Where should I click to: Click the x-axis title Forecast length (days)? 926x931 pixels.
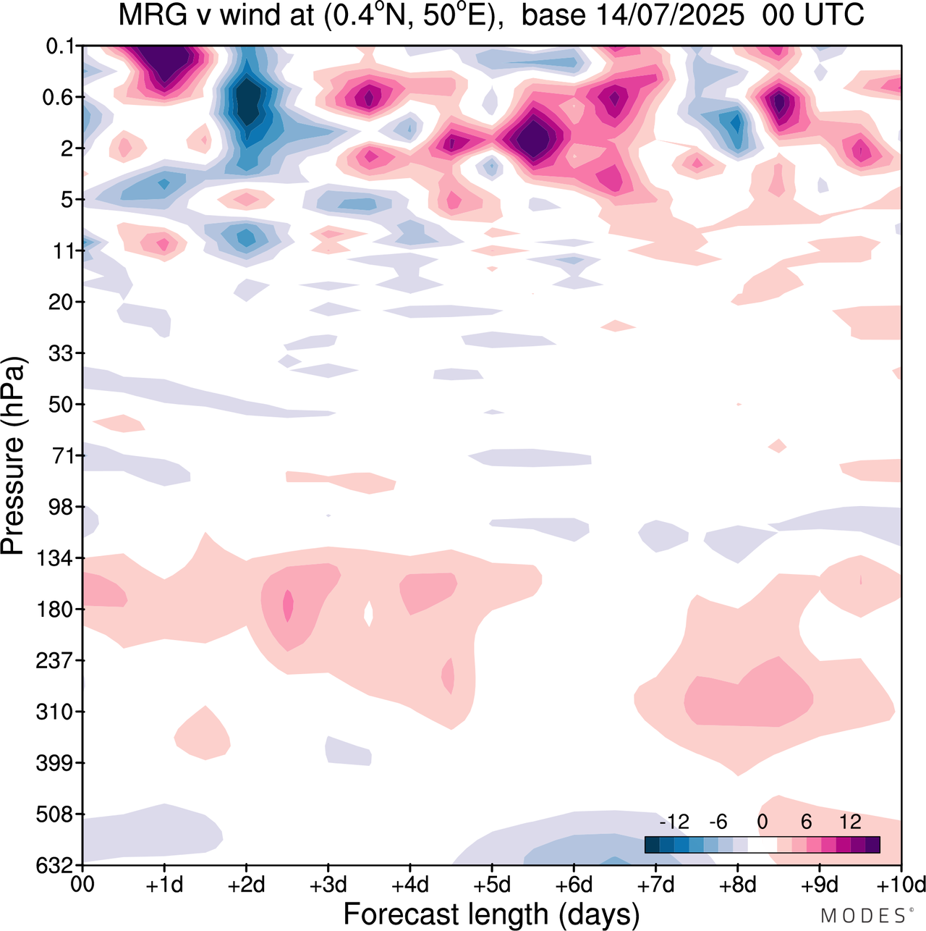[491, 914]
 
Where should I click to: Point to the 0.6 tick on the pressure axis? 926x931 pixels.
[59, 98]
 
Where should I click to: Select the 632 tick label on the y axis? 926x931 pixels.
[55, 865]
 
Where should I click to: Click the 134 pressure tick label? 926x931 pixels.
[55, 558]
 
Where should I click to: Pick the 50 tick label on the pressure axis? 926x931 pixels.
[61, 405]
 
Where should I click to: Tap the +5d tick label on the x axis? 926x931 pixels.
[491, 885]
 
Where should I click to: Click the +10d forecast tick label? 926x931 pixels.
[901, 885]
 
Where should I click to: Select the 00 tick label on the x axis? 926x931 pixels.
[83, 885]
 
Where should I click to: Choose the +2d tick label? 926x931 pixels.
[246, 885]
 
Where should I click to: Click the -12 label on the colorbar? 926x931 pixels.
[674, 822]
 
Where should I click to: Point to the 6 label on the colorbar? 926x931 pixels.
[806, 822]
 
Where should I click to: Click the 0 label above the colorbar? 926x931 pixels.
[762, 822]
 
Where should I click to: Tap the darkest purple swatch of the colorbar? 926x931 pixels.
[872, 844]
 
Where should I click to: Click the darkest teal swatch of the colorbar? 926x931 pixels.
[652, 844]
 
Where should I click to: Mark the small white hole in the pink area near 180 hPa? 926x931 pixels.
[368, 613]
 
